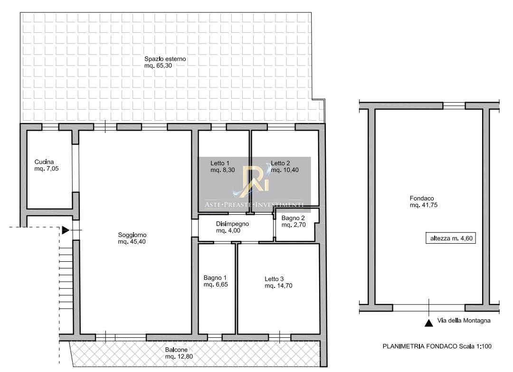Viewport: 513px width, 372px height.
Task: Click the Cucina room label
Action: click(44, 162)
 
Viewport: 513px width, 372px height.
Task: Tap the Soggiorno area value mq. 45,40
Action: click(132, 242)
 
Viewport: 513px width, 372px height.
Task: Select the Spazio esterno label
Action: click(165, 59)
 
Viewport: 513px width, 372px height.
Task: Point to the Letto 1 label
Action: click(220, 163)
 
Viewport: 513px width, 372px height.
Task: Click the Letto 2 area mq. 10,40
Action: click(285, 170)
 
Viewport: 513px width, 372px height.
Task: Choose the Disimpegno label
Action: click(232, 224)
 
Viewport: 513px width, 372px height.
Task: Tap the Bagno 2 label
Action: click(293, 218)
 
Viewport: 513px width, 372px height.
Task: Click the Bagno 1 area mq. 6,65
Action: click(216, 285)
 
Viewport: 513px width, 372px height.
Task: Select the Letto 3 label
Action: click(274, 279)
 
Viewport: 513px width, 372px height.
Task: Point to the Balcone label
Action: click(176, 350)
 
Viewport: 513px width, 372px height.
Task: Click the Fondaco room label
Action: click(422, 198)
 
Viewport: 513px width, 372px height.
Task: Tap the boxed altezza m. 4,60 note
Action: click(450, 238)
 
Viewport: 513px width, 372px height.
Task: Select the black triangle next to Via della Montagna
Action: click(428, 323)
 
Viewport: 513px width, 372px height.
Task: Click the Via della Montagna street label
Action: click(464, 321)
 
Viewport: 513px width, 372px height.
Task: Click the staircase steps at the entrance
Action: click(66, 278)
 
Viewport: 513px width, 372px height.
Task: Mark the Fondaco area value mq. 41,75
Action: click(423, 205)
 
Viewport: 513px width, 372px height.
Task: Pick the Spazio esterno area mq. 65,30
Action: click(158, 66)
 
